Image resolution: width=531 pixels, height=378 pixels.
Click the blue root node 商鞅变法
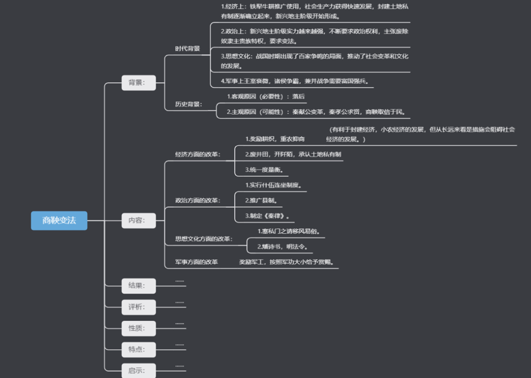(x=59, y=220)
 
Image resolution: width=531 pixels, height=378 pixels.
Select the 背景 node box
(x=138, y=83)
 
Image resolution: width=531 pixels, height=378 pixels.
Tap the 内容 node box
(x=138, y=220)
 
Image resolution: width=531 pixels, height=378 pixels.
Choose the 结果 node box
(x=138, y=286)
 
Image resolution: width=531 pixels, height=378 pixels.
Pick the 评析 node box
(x=138, y=307)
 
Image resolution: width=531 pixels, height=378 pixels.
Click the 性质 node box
(x=138, y=328)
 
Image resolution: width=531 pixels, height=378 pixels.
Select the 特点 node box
(x=138, y=349)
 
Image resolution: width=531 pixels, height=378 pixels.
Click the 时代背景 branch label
(x=188, y=49)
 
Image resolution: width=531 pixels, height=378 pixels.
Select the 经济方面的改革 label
(x=198, y=154)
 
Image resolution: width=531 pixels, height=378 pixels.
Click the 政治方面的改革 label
(x=198, y=200)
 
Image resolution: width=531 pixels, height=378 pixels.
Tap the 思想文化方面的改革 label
(x=204, y=239)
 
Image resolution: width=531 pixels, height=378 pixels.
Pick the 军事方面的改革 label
(x=197, y=262)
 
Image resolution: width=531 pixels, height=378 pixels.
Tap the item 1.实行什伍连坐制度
(x=273, y=185)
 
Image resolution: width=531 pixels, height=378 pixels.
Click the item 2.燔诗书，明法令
(x=285, y=246)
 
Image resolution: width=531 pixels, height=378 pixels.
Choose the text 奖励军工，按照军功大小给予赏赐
(x=289, y=262)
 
